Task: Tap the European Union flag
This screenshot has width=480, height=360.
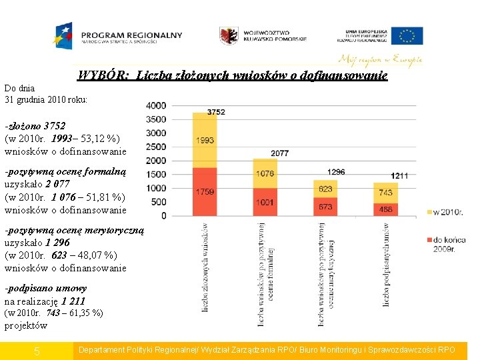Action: pos(407,35)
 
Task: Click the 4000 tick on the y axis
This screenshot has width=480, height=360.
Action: pos(156,105)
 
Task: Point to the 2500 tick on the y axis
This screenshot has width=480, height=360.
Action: pos(156,147)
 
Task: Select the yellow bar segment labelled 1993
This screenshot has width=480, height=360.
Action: pos(205,140)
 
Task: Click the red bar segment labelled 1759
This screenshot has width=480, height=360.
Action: pos(205,191)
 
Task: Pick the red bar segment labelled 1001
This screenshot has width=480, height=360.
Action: pos(265,201)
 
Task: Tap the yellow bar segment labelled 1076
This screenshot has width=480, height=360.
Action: pos(265,173)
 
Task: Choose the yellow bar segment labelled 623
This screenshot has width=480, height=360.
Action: pos(325,189)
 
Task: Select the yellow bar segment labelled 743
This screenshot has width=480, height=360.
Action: pos(385,192)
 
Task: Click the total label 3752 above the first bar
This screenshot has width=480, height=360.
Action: pos(216,112)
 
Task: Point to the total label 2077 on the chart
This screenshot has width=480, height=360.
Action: pos(280,153)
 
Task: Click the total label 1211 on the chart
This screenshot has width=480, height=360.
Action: pos(399,175)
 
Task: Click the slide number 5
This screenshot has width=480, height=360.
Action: pos(37,351)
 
